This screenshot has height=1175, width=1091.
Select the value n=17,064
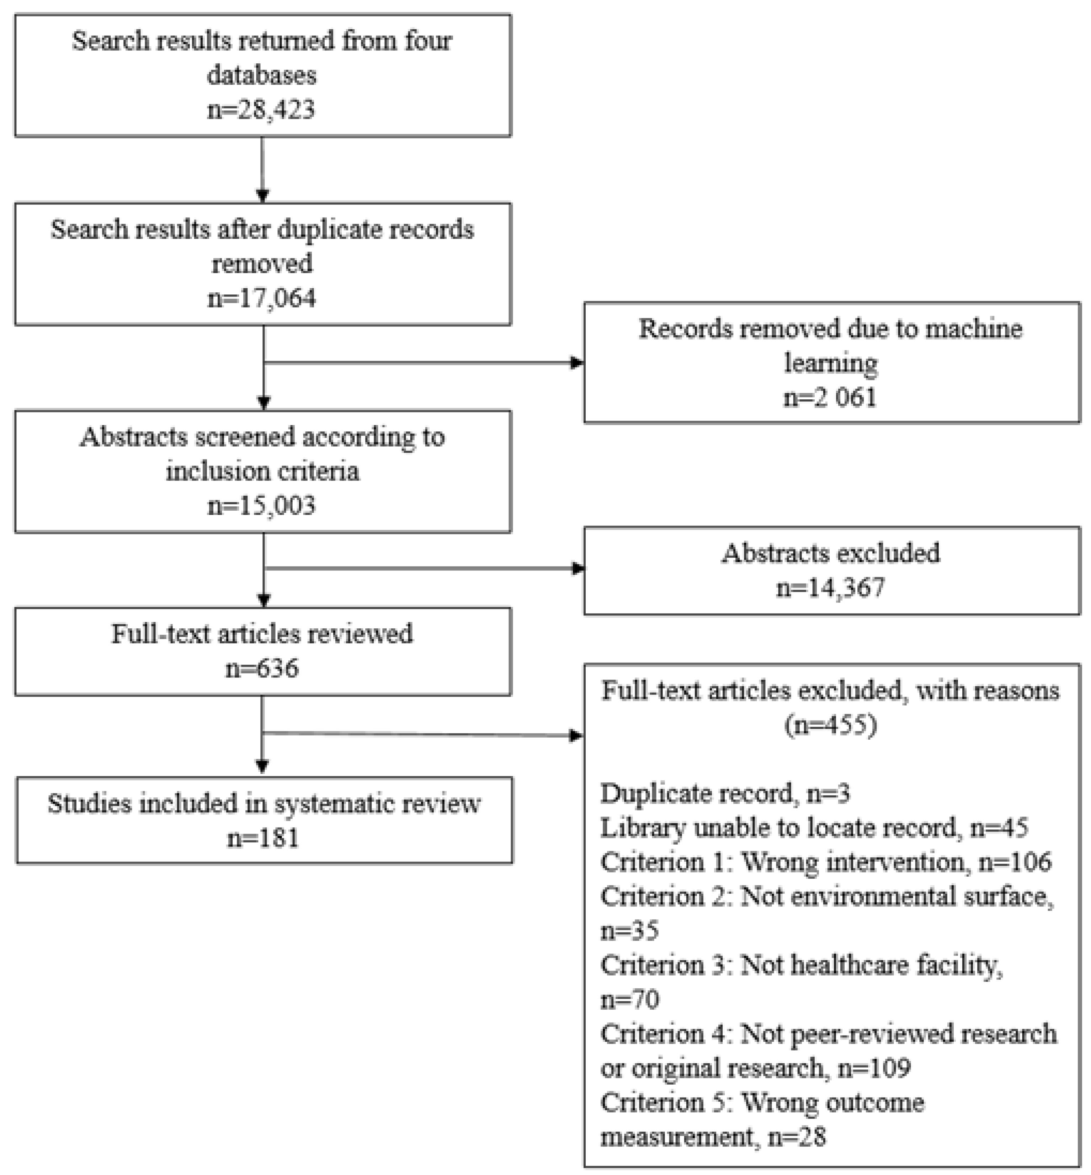click(x=261, y=298)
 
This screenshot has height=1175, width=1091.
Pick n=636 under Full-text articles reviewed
click(x=261, y=668)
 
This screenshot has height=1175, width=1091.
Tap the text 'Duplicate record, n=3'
click(x=725, y=793)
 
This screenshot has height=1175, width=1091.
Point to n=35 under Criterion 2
click(x=629, y=931)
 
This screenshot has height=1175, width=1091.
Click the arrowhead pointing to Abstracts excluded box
click(x=578, y=569)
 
